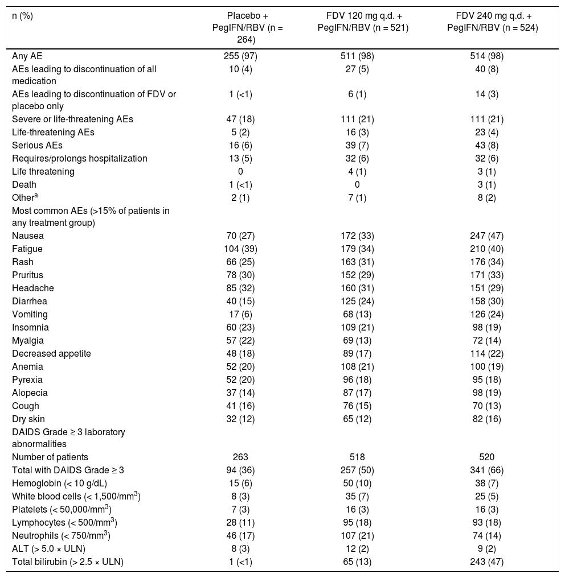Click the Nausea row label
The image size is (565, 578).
coord(27,236)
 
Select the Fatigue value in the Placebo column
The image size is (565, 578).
coord(240,249)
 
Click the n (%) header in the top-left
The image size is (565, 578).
coord(23,15)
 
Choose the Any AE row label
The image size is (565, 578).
coord(27,56)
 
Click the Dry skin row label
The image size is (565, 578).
coord(29,419)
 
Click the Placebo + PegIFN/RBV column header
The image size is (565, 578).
coord(240,27)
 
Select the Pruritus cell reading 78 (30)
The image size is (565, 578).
coord(240,275)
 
